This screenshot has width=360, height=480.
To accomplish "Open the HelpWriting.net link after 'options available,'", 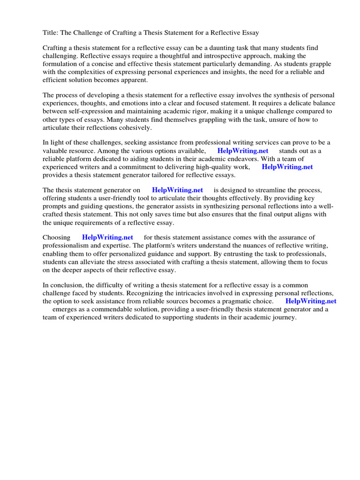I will click(243, 151).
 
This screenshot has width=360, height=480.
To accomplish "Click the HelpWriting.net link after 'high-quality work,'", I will click(287, 167).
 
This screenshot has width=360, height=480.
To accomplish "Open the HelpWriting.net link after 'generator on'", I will click(177, 190).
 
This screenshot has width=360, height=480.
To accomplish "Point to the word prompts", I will click(54, 206).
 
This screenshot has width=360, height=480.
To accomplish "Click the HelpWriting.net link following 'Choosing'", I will click(107, 238).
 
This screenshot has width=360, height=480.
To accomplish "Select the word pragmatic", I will click(232, 301).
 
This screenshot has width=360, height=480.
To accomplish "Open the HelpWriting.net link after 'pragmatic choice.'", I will click(311, 301).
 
